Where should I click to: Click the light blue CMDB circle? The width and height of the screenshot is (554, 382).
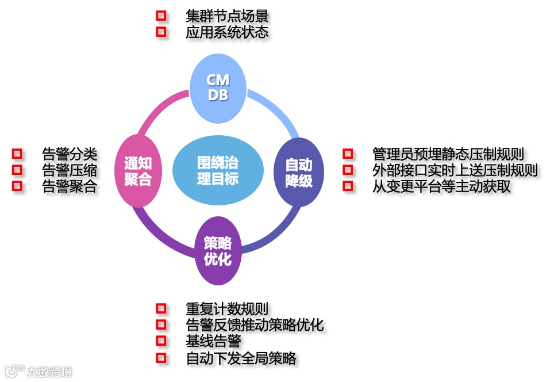click(218, 87)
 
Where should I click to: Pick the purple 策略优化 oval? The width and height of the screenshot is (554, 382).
click(217, 251)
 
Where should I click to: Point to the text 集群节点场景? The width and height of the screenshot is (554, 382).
click(227, 15)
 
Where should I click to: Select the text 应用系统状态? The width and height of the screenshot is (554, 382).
click(227, 32)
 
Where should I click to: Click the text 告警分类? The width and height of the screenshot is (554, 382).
click(70, 154)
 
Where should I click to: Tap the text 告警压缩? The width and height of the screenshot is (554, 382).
click(70, 170)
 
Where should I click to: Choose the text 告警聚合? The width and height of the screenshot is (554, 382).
click(70, 186)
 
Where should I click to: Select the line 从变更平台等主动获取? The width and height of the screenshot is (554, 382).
click(441, 186)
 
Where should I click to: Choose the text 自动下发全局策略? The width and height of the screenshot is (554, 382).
click(241, 358)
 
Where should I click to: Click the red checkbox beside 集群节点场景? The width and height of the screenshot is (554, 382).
click(161, 15)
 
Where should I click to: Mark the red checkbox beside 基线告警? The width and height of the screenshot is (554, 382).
click(161, 341)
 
